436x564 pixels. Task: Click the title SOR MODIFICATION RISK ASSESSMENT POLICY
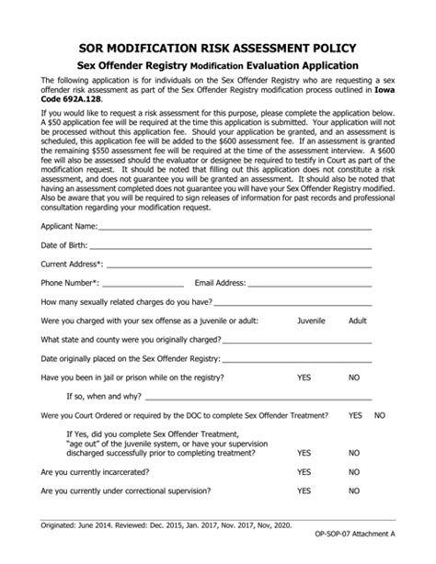(218, 46)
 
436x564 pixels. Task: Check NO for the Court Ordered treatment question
(380, 415)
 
